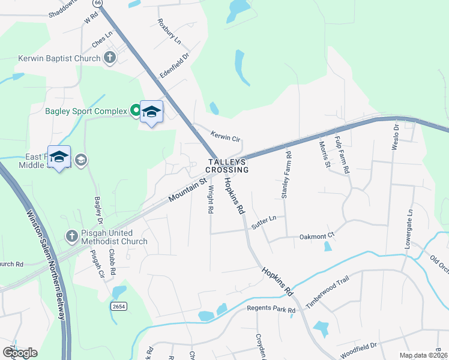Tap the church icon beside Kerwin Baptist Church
(109, 58)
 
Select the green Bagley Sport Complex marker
(136, 110)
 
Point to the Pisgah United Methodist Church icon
(71, 235)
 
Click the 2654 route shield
(119, 306)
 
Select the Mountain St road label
(187, 188)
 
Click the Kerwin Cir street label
(225, 136)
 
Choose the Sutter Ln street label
(264, 220)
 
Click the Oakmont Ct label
(316, 237)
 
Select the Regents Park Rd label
(271, 310)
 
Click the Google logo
(20, 352)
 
